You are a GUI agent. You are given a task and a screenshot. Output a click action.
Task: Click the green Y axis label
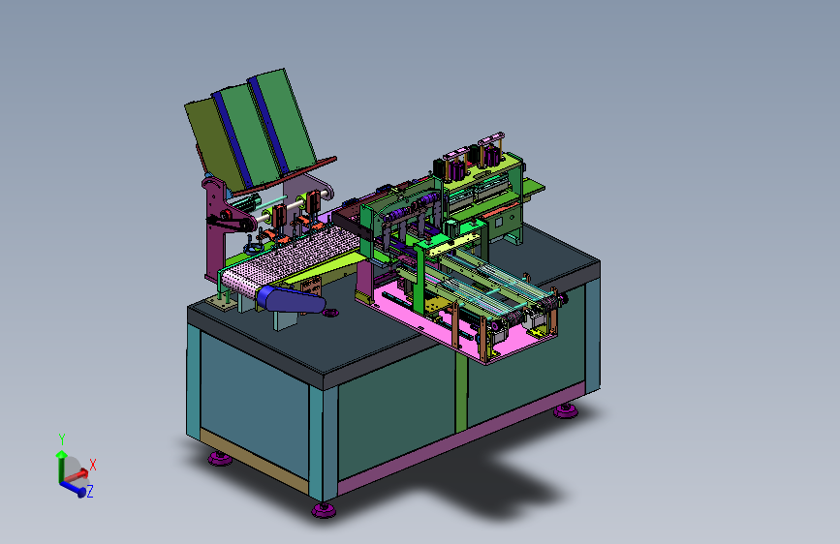click(62, 439)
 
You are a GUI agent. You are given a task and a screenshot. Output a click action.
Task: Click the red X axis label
click(93, 465)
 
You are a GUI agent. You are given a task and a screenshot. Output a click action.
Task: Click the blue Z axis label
click(90, 491)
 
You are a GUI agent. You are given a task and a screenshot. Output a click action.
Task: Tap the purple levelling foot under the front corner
click(324, 509)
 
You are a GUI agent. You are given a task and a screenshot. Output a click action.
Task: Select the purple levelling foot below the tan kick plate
click(220, 458)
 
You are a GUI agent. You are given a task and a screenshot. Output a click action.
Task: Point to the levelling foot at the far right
click(566, 410)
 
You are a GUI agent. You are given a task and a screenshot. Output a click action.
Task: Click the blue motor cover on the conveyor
click(291, 299)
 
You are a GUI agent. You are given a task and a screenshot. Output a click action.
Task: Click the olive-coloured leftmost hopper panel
click(214, 143)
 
